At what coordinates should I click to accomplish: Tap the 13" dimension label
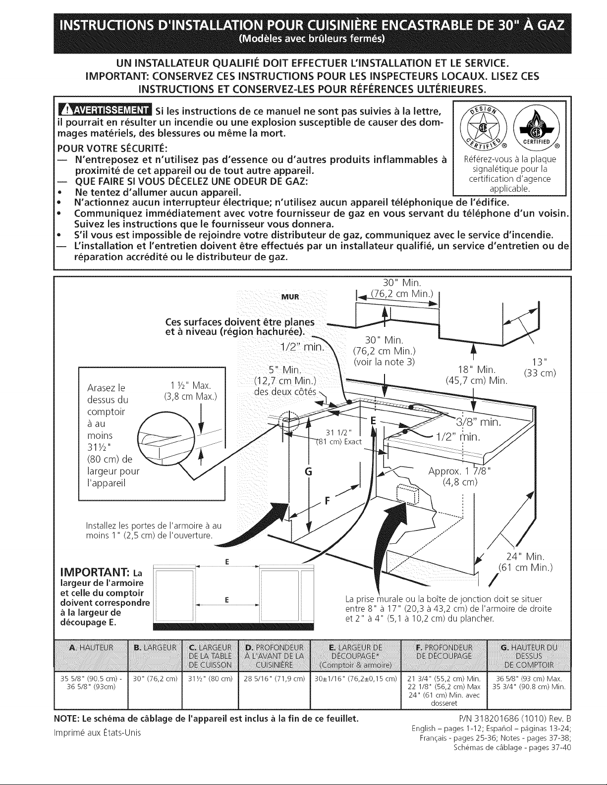point(539,360)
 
